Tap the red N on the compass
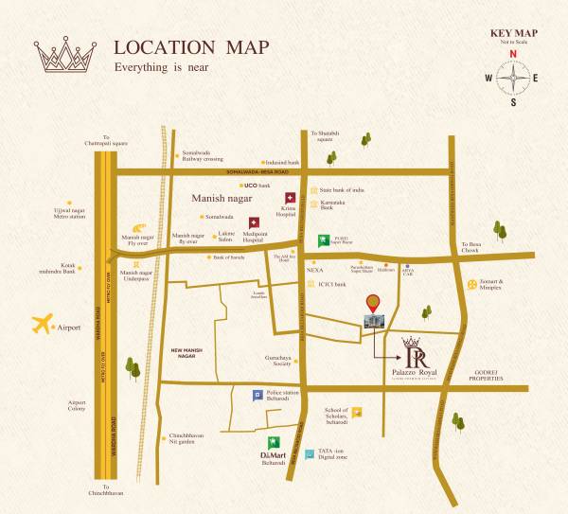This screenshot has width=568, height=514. pyautogui.click(x=513, y=54)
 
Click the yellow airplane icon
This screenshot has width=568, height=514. pyautogui.click(x=42, y=324)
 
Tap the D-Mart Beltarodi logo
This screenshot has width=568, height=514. pyautogui.click(x=274, y=443)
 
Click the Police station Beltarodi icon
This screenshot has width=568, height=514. pyautogui.click(x=257, y=396)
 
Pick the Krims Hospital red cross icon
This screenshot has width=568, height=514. pyautogui.click(x=291, y=198)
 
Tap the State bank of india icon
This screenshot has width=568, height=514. pyautogui.click(x=312, y=189)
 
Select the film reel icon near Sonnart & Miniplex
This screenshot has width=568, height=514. pyautogui.click(x=472, y=284)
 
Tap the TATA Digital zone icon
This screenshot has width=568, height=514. pyautogui.click(x=310, y=454)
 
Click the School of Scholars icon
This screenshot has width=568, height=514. pyautogui.click(x=357, y=412)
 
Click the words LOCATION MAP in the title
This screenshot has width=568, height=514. pyautogui.click(x=191, y=47)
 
